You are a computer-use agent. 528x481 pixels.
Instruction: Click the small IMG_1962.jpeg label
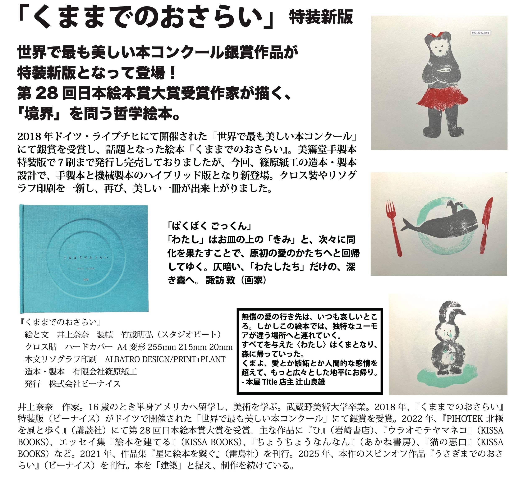click(480, 33)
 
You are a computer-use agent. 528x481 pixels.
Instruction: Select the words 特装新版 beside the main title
click(321, 17)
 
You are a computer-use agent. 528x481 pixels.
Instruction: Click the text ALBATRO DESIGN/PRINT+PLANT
click(165, 359)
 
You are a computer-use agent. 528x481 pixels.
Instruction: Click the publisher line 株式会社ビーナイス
click(85, 384)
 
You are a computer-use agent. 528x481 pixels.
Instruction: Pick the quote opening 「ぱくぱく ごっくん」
click(210, 226)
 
